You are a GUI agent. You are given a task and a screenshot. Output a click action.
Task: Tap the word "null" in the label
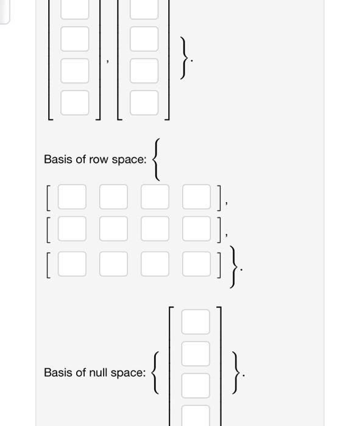pyautogui.click(x=101, y=372)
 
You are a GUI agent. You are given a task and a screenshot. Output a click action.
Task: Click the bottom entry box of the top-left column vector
pyautogui.click(x=74, y=102)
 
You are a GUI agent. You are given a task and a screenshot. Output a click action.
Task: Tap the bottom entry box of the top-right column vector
pyautogui.click(x=144, y=102)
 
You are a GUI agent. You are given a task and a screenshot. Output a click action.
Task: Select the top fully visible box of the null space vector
pyautogui.click(x=196, y=322)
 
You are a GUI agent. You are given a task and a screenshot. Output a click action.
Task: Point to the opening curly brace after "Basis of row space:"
pyautogui.click(x=158, y=159)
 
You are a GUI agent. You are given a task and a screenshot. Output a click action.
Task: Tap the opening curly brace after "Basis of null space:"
pyautogui.click(x=157, y=372)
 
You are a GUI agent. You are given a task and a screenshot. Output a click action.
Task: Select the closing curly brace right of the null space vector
pyautogui.click(x=235, y=372)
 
